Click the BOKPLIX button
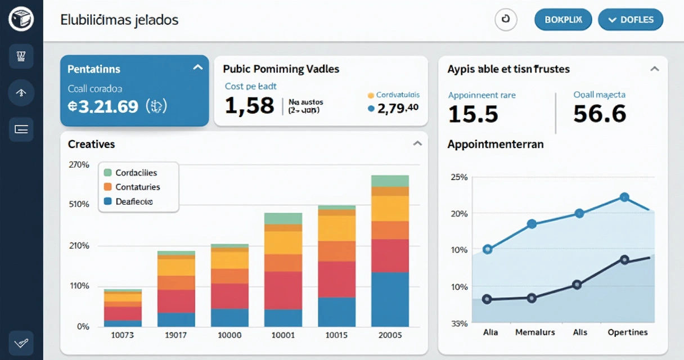563,20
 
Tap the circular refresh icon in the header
505,20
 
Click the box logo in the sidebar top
21,20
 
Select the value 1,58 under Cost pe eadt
249,105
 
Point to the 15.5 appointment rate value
473,114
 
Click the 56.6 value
600,114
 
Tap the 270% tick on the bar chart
79,165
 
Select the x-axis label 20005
390,335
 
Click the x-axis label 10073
123,335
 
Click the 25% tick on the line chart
459,177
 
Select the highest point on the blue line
624,197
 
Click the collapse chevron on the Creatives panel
417,143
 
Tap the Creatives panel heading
91,145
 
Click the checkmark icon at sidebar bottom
21,342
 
